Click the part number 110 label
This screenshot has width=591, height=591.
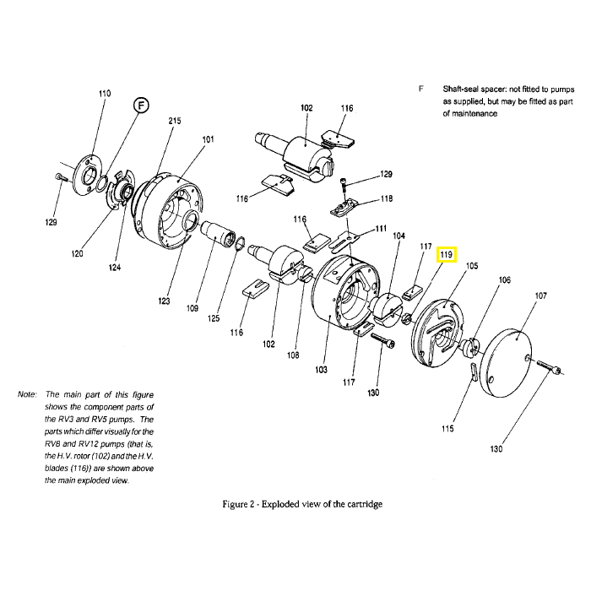(105, 93)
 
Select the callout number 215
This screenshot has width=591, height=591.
(175, 122)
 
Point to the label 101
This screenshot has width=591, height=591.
(208, 139)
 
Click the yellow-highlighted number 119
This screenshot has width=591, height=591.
(446, 254)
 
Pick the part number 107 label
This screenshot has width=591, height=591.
(540, 296)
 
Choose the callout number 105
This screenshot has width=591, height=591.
(472, 266)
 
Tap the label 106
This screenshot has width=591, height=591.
(505, 280)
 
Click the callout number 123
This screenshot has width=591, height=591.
(164, 301)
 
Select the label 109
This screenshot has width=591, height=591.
(192, 309)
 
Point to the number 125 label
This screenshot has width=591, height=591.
(214, 318)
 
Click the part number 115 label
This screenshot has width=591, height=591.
(447, 428)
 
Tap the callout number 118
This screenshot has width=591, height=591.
(387, 199)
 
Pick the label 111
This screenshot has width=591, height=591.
(381, 229)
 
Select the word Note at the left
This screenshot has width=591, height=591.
(27, 394)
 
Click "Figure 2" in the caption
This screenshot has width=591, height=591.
(241, 504)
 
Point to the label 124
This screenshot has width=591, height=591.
(115, 268)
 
